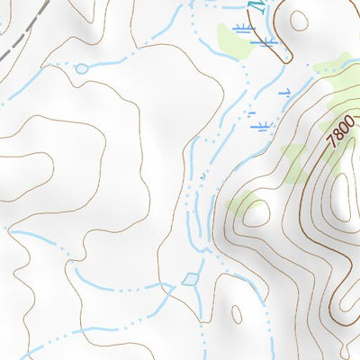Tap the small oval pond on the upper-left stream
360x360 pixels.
(81, 68)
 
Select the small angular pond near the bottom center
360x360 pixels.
(191, 280)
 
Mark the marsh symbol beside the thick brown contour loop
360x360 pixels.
(262, 41)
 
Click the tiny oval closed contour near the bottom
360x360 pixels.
(236, 314)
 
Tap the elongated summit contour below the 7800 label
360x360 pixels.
(342, 193)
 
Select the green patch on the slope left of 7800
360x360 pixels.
(293, 162)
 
